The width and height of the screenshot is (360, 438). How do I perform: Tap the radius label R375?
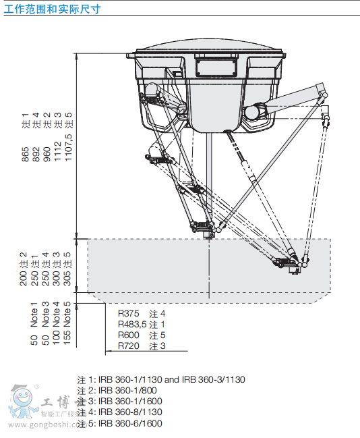click(129, 314)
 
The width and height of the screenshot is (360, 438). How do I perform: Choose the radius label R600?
click(129, 335)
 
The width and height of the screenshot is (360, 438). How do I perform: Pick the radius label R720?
click(129, 346)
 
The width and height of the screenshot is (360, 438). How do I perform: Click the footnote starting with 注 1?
click(161, 380)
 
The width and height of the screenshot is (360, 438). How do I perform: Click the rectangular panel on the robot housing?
click(215, 66)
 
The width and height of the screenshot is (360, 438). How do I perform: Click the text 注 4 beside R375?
click(157, 314)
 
